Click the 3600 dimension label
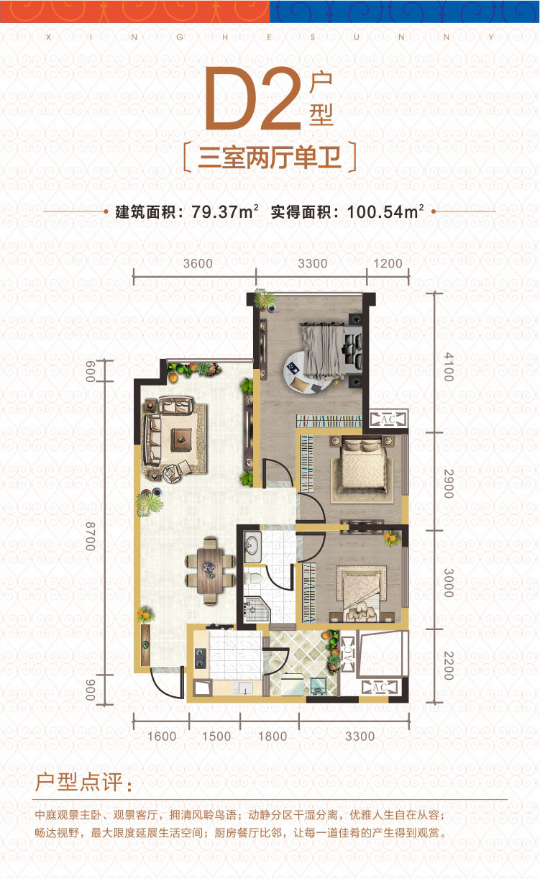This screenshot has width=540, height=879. pos(198,263)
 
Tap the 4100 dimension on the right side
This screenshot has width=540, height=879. pos(449,367)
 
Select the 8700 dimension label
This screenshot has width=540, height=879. pos(91,537)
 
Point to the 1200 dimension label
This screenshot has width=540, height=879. pos(388,263)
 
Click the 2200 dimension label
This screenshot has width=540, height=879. pos(449,665)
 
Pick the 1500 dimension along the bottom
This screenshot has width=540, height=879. pos(216,736)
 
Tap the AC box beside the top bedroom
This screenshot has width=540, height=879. pos(388,419)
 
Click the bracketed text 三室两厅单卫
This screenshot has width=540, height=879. pos(270,158)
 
